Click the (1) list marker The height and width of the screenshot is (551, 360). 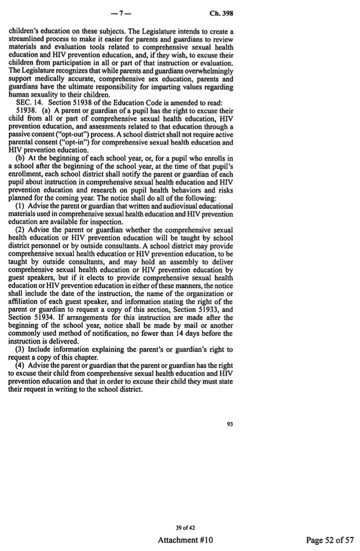click(20, 205)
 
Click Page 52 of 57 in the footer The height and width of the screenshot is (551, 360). click(330, 540)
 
